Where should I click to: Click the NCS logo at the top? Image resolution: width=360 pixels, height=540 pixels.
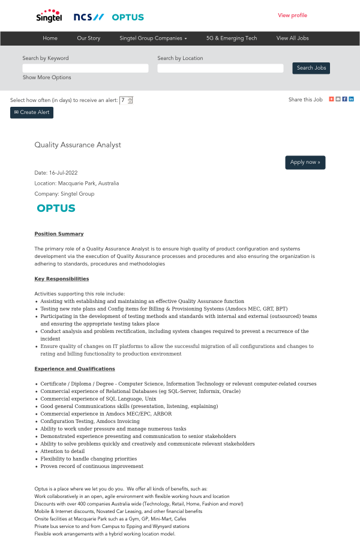click(88, 17)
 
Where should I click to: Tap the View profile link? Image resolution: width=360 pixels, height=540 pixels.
click(292, 16)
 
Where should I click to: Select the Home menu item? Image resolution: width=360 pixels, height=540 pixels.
click(50, 38)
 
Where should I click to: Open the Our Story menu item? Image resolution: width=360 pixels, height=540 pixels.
click(89, 38)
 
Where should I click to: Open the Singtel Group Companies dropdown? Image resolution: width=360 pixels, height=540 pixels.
click(153, 38)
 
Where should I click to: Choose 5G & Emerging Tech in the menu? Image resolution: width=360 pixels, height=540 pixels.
click(232, 38)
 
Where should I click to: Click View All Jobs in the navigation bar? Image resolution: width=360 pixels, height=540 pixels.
click(292, 38)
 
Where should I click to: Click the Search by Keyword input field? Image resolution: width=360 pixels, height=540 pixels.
click(85, 68)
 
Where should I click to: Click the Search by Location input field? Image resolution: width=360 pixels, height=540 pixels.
click(220, 68)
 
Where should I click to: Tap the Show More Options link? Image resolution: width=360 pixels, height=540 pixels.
click(47, 77)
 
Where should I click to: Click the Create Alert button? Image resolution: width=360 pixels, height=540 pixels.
click(32, 112)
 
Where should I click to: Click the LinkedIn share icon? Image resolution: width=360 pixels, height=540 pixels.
click(351, 99)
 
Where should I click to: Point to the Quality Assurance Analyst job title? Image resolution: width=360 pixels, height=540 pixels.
click(78, 145)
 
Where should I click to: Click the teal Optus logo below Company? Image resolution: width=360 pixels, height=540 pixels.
click(56, 208)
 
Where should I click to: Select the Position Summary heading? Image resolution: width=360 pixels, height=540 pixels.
click(59, 233)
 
